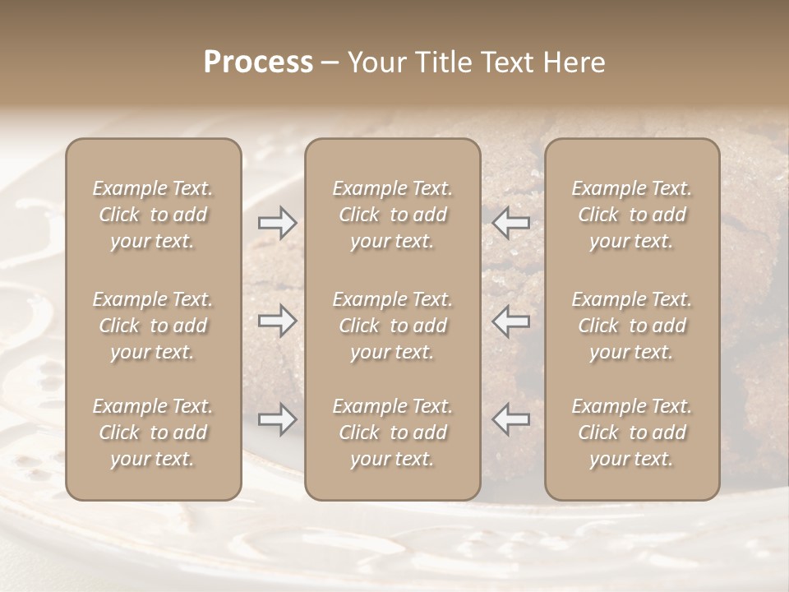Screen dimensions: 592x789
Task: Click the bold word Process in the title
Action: click(x=258, y=62)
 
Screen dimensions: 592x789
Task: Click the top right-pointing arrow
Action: click(x=278, y=223)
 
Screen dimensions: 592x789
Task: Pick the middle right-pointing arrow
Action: click(x=278, y=321)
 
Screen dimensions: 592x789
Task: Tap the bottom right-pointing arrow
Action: click(x=278, y=419)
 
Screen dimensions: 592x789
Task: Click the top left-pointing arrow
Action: click(x=511, y=223)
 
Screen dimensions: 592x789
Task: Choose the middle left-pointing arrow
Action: click(x=511, y=321)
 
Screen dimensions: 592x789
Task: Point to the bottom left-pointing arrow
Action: click(x=511, y=419)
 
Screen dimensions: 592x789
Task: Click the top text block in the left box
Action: click(x=153, y=215)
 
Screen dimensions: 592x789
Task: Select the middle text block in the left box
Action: click(x=153, y=326)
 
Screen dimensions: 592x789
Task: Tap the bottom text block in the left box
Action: click(x=153, y=432)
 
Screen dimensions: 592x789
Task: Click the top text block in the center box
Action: click(x=392, y=215)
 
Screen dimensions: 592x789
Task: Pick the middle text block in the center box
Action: click(x=392, y=326)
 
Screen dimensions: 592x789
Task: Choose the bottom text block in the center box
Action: click(x=392, y=432)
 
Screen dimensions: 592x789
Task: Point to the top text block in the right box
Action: click(x=631, y=215)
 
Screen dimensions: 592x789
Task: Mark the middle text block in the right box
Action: click(x=631, y=326)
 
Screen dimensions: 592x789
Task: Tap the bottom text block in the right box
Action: click(x=631, y=432)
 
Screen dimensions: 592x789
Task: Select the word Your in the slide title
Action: click(x=375, y=62)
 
